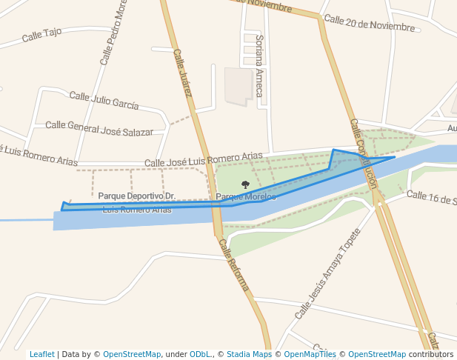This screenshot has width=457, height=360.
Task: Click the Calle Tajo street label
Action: [x=41, y=34]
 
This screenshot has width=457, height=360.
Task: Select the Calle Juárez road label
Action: [x=183, y=73]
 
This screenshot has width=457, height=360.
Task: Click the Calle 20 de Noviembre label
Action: [x=369, y=24]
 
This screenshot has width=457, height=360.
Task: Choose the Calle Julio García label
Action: [x=104, y=100]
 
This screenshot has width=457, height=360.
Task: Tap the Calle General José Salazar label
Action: [x=99, y=128]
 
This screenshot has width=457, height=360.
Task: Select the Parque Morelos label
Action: [x=246, y=196]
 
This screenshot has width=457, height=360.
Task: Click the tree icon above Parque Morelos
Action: [x=246, y=184]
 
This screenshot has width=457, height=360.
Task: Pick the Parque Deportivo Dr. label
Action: [x=137, y=196]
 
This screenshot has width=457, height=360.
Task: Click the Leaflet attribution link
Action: [x=41, y=354]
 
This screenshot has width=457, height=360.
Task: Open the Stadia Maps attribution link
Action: [x=249, y=354]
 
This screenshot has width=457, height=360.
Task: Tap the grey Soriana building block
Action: [x=238, y=87]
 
